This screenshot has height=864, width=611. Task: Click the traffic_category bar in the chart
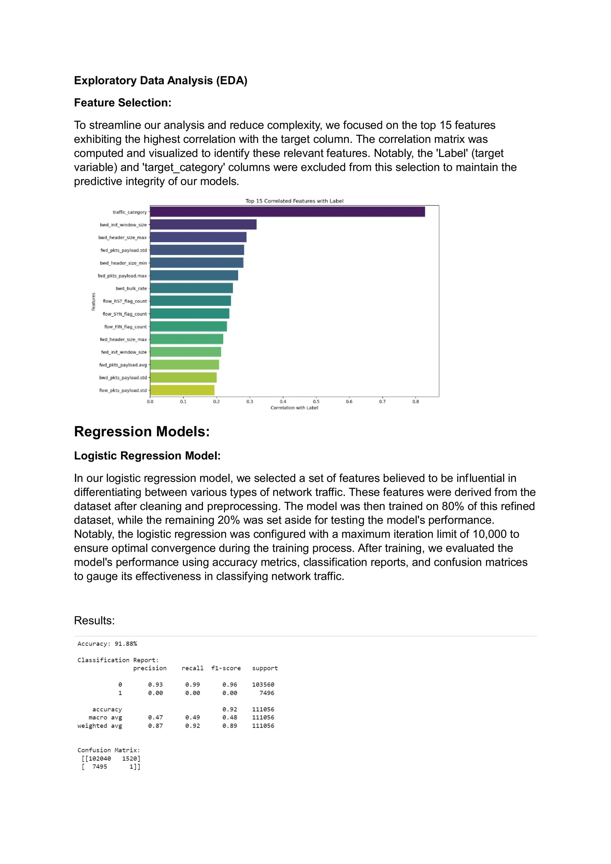click(x=287, y=212)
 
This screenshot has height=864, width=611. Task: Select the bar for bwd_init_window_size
click(x=203, y=225)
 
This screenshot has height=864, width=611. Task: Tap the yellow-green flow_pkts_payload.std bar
click(x=182, y=390)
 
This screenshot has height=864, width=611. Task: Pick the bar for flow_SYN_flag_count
click(x=190, y=314)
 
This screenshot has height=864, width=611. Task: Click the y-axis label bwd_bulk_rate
click(x=131, y=289)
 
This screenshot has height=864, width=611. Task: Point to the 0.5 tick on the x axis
click(x=316, y=401)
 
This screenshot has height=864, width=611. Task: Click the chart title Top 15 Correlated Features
click(x=294, y=201)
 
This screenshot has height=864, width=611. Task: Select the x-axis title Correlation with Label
click(x=294, y=408)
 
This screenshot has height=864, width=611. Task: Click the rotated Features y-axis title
click(x=93, y=302)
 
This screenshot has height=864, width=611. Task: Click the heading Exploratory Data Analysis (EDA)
click(x=161, y=81)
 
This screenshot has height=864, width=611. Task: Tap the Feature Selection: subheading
click(x=123, y=103)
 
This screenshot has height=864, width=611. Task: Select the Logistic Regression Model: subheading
click(x=147, y=456)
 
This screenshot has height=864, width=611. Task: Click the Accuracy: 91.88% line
click(x=107, y=644)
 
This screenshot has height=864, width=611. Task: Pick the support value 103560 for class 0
click(x=263, y=684)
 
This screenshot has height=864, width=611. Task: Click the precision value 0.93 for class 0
click(x=155, y=684)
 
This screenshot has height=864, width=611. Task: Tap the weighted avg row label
click(x=100, y=726)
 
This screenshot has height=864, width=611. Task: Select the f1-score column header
click(x=226, y=668)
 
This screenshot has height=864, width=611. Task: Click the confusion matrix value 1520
click(x=131, y=759)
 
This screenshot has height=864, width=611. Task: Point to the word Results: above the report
click(x=94, y=621)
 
